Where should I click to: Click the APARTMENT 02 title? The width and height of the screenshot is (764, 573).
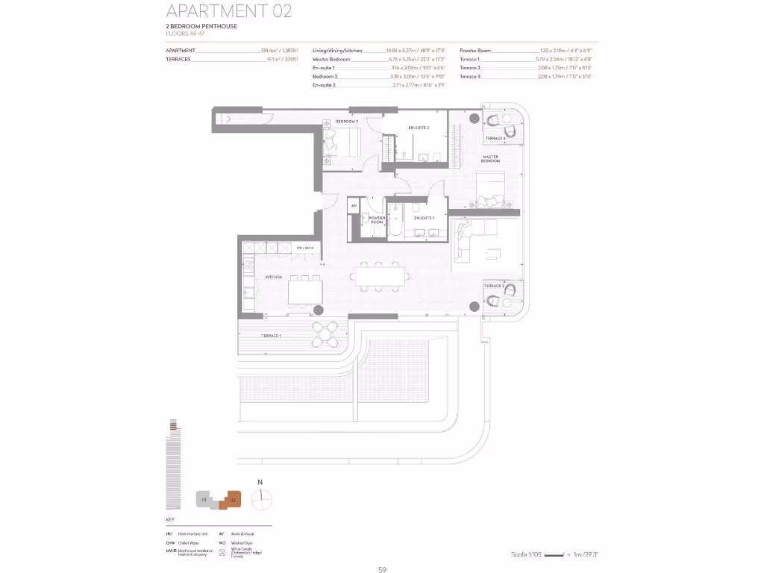click(228, 11)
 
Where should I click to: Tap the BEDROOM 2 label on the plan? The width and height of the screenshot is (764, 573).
click(347, 121)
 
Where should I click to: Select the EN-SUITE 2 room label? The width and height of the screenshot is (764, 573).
click(418, 128)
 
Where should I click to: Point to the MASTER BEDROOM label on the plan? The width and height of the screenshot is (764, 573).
click(490, 158)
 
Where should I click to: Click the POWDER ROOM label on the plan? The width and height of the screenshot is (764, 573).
click(375, 219)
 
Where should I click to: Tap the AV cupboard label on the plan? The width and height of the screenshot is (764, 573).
click(354, 206)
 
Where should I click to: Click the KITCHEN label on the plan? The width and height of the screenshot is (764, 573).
click(273, 277)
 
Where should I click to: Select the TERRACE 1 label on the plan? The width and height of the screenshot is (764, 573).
click(271, 336)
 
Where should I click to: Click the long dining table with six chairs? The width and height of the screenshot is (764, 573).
click(381, 277)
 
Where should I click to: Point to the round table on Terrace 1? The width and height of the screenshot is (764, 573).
click(326, 336)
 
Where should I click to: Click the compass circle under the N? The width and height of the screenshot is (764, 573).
click(261, 500)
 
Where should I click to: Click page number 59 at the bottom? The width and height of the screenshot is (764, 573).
click(382, 569)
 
